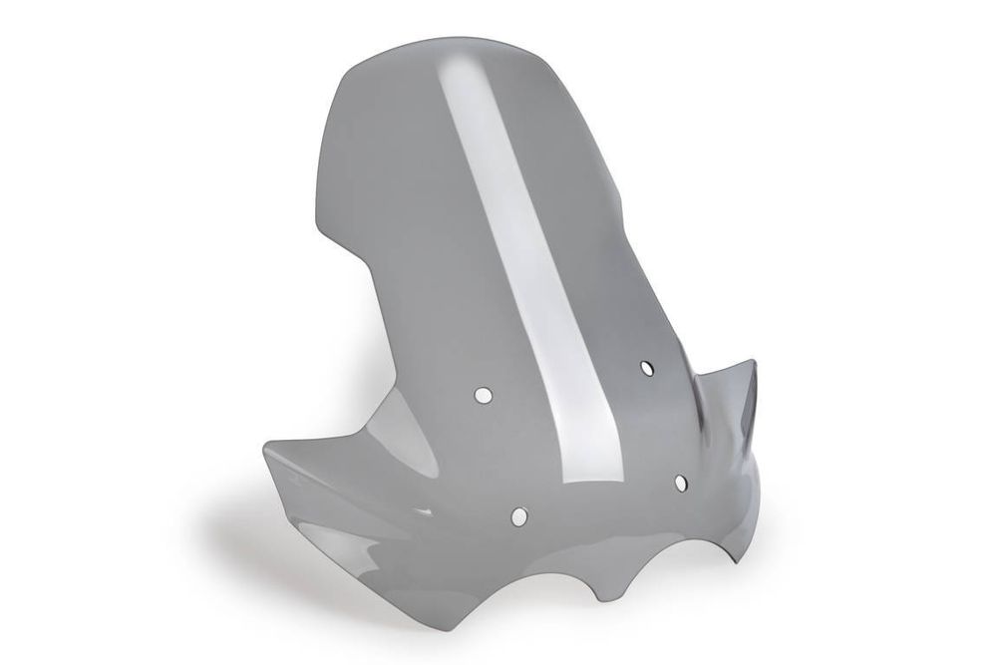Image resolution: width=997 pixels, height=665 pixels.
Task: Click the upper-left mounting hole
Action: click(483, 396)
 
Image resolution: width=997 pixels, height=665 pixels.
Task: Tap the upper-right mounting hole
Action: click(647, 368)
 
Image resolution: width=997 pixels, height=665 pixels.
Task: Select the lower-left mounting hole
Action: click(518, 515)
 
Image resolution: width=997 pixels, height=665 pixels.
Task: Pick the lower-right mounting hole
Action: click(681, 484)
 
